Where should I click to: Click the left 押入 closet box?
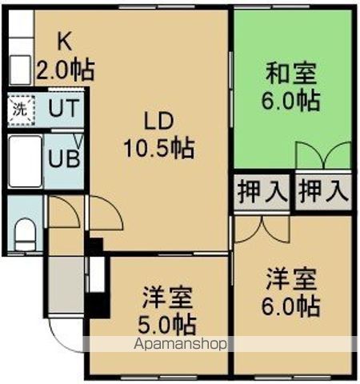262,191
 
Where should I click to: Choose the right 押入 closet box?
324,191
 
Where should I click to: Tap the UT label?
62,110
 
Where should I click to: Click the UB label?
62,158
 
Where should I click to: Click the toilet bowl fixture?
24,234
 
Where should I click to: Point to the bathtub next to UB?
22,160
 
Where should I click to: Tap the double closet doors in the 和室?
322,154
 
